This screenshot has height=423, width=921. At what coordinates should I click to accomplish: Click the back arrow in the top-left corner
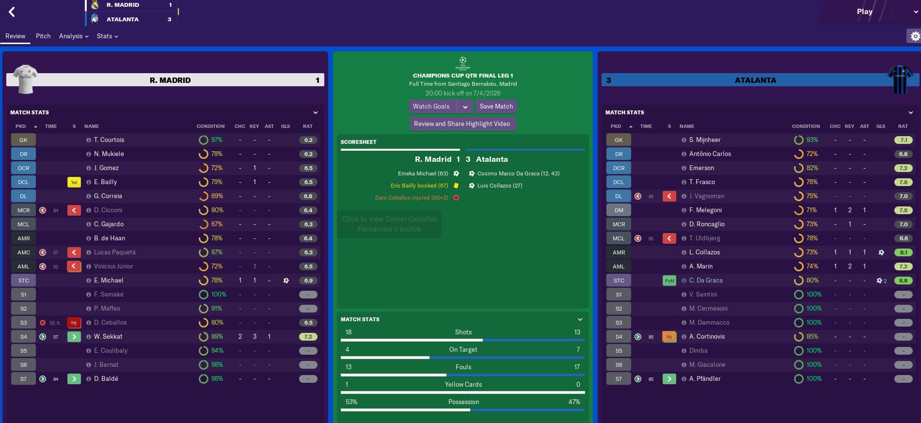[x=12, y=12]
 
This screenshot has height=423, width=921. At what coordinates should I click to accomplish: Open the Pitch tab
[x=43, y=36]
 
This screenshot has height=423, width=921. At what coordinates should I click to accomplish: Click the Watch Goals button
[x=431, y=107]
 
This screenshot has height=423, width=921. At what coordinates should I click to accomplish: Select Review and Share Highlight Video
[x=462, y=124]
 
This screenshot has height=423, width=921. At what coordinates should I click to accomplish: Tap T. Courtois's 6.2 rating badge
[x=308, y=140]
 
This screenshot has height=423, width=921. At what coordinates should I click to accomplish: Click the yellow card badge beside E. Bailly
[x=74, y=182]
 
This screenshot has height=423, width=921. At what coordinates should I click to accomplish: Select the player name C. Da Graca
[x=706, y=281]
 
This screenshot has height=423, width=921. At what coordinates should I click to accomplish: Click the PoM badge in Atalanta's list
[x=669, y=281]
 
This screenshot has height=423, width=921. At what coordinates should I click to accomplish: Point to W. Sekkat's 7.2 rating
[x=308, y=337]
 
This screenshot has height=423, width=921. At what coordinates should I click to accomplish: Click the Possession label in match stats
[x=463, y=402]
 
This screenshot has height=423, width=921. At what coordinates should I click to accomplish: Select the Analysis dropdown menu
[x=74, y=36]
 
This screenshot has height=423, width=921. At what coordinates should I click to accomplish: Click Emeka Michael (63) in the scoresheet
[x=423, y=173]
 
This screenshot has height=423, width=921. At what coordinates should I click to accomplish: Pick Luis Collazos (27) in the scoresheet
[x=500, y=186]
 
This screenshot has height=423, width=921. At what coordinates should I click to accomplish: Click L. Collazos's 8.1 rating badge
[x=904, y=252]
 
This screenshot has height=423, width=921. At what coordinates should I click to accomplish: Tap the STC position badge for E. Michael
[x=23, y=281]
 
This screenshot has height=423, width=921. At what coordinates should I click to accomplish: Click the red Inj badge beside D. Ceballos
[x=74, y=323]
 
